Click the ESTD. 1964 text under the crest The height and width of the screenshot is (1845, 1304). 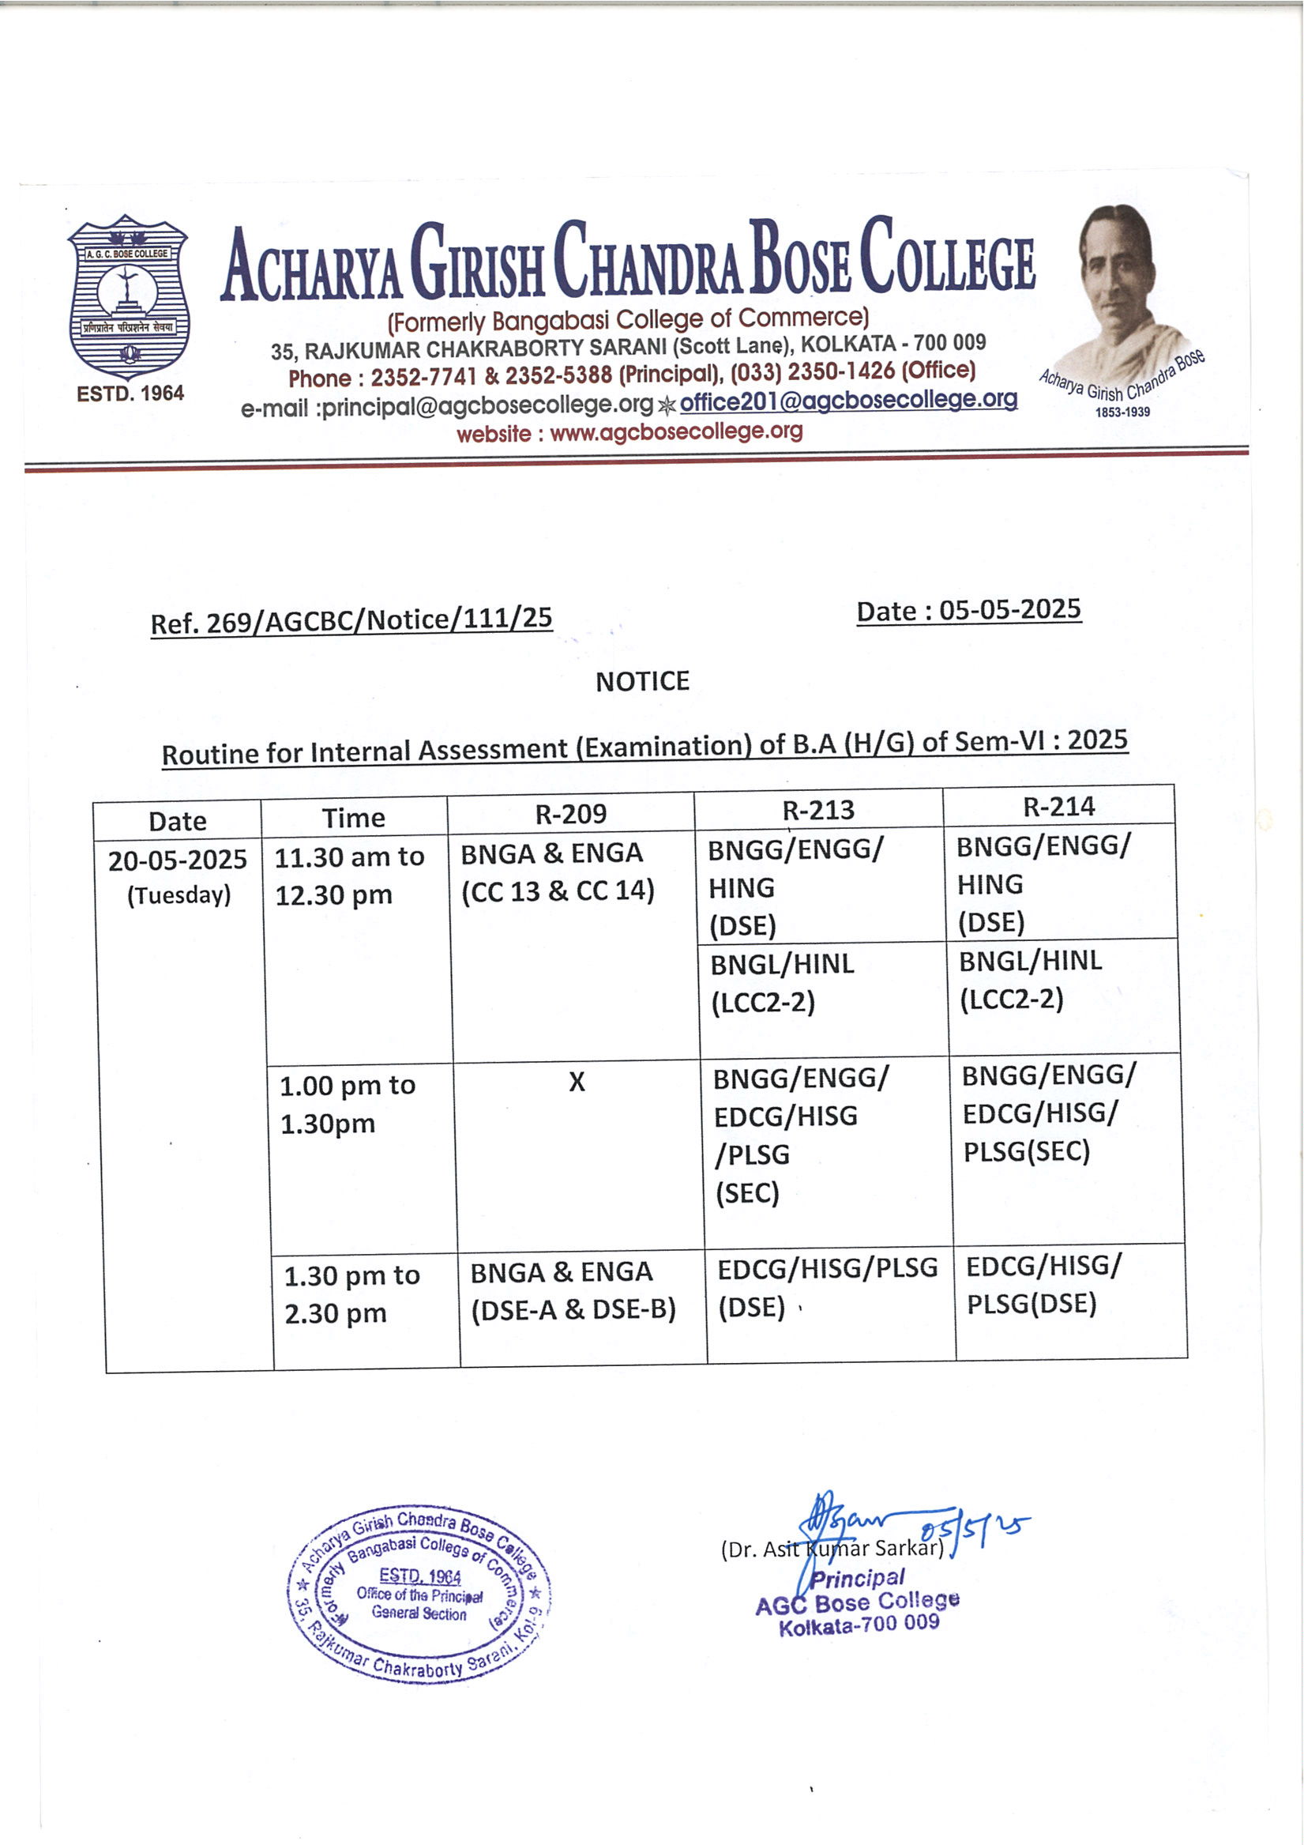(130, 393)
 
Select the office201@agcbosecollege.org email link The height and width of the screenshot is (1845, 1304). (847, 400)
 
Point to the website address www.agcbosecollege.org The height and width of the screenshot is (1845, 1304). (676, 432)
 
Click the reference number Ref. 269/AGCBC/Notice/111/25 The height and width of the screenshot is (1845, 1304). (351, 620)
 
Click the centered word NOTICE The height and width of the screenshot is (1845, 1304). (642, 681)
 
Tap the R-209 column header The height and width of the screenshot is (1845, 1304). (570, 814)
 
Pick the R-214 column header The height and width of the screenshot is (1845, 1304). (1058, 806)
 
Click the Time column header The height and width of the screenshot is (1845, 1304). (354, 818)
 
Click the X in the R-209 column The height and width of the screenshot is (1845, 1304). (576, 1083)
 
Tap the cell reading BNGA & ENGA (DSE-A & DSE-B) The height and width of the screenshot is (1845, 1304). (573, 1290)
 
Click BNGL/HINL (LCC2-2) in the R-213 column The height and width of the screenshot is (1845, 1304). (782, 983)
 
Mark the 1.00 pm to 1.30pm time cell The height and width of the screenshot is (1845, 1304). (347, 1104)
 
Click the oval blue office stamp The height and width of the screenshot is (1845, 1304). (419, 1595)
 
